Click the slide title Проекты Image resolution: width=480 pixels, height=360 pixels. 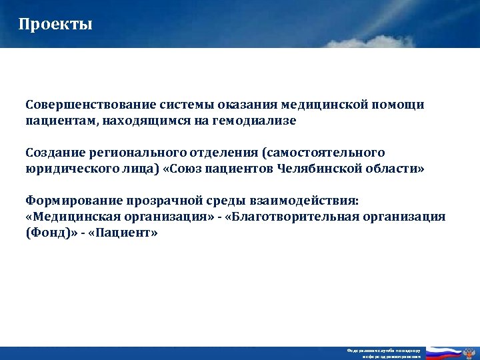point(56,25)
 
